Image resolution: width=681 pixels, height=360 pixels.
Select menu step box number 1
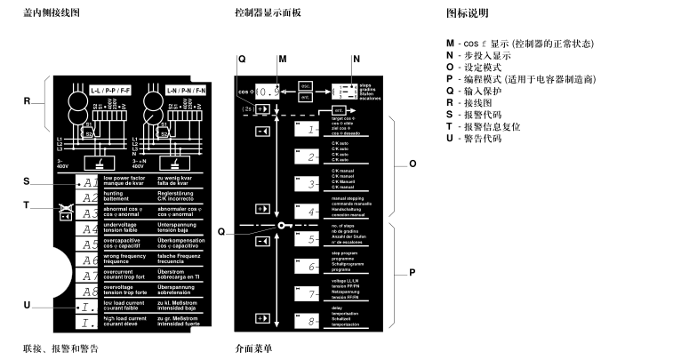tap(307, 131)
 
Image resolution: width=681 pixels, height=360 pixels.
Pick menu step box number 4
tap(307, 211)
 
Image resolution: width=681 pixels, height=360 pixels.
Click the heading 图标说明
tap(467, 14)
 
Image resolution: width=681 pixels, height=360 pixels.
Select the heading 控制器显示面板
tap(269, 14)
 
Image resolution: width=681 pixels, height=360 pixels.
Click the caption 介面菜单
tap(253, 348)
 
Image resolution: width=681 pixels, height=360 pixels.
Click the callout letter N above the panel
tap(357, 59)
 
